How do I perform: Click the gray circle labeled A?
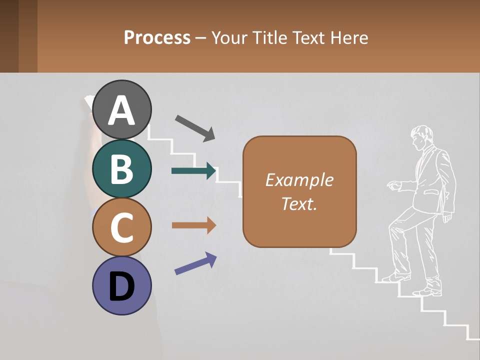pos(122,109)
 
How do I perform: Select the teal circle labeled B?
pos(122,169)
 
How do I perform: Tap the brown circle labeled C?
pos(122,227)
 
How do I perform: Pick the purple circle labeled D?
pos(122,285)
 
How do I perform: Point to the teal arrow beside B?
pos(194,171)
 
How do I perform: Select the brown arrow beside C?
pos(194,225)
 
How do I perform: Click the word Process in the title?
pos(157,37)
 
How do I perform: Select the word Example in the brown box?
pos(299,180)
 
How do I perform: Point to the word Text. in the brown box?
pos(299,203)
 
